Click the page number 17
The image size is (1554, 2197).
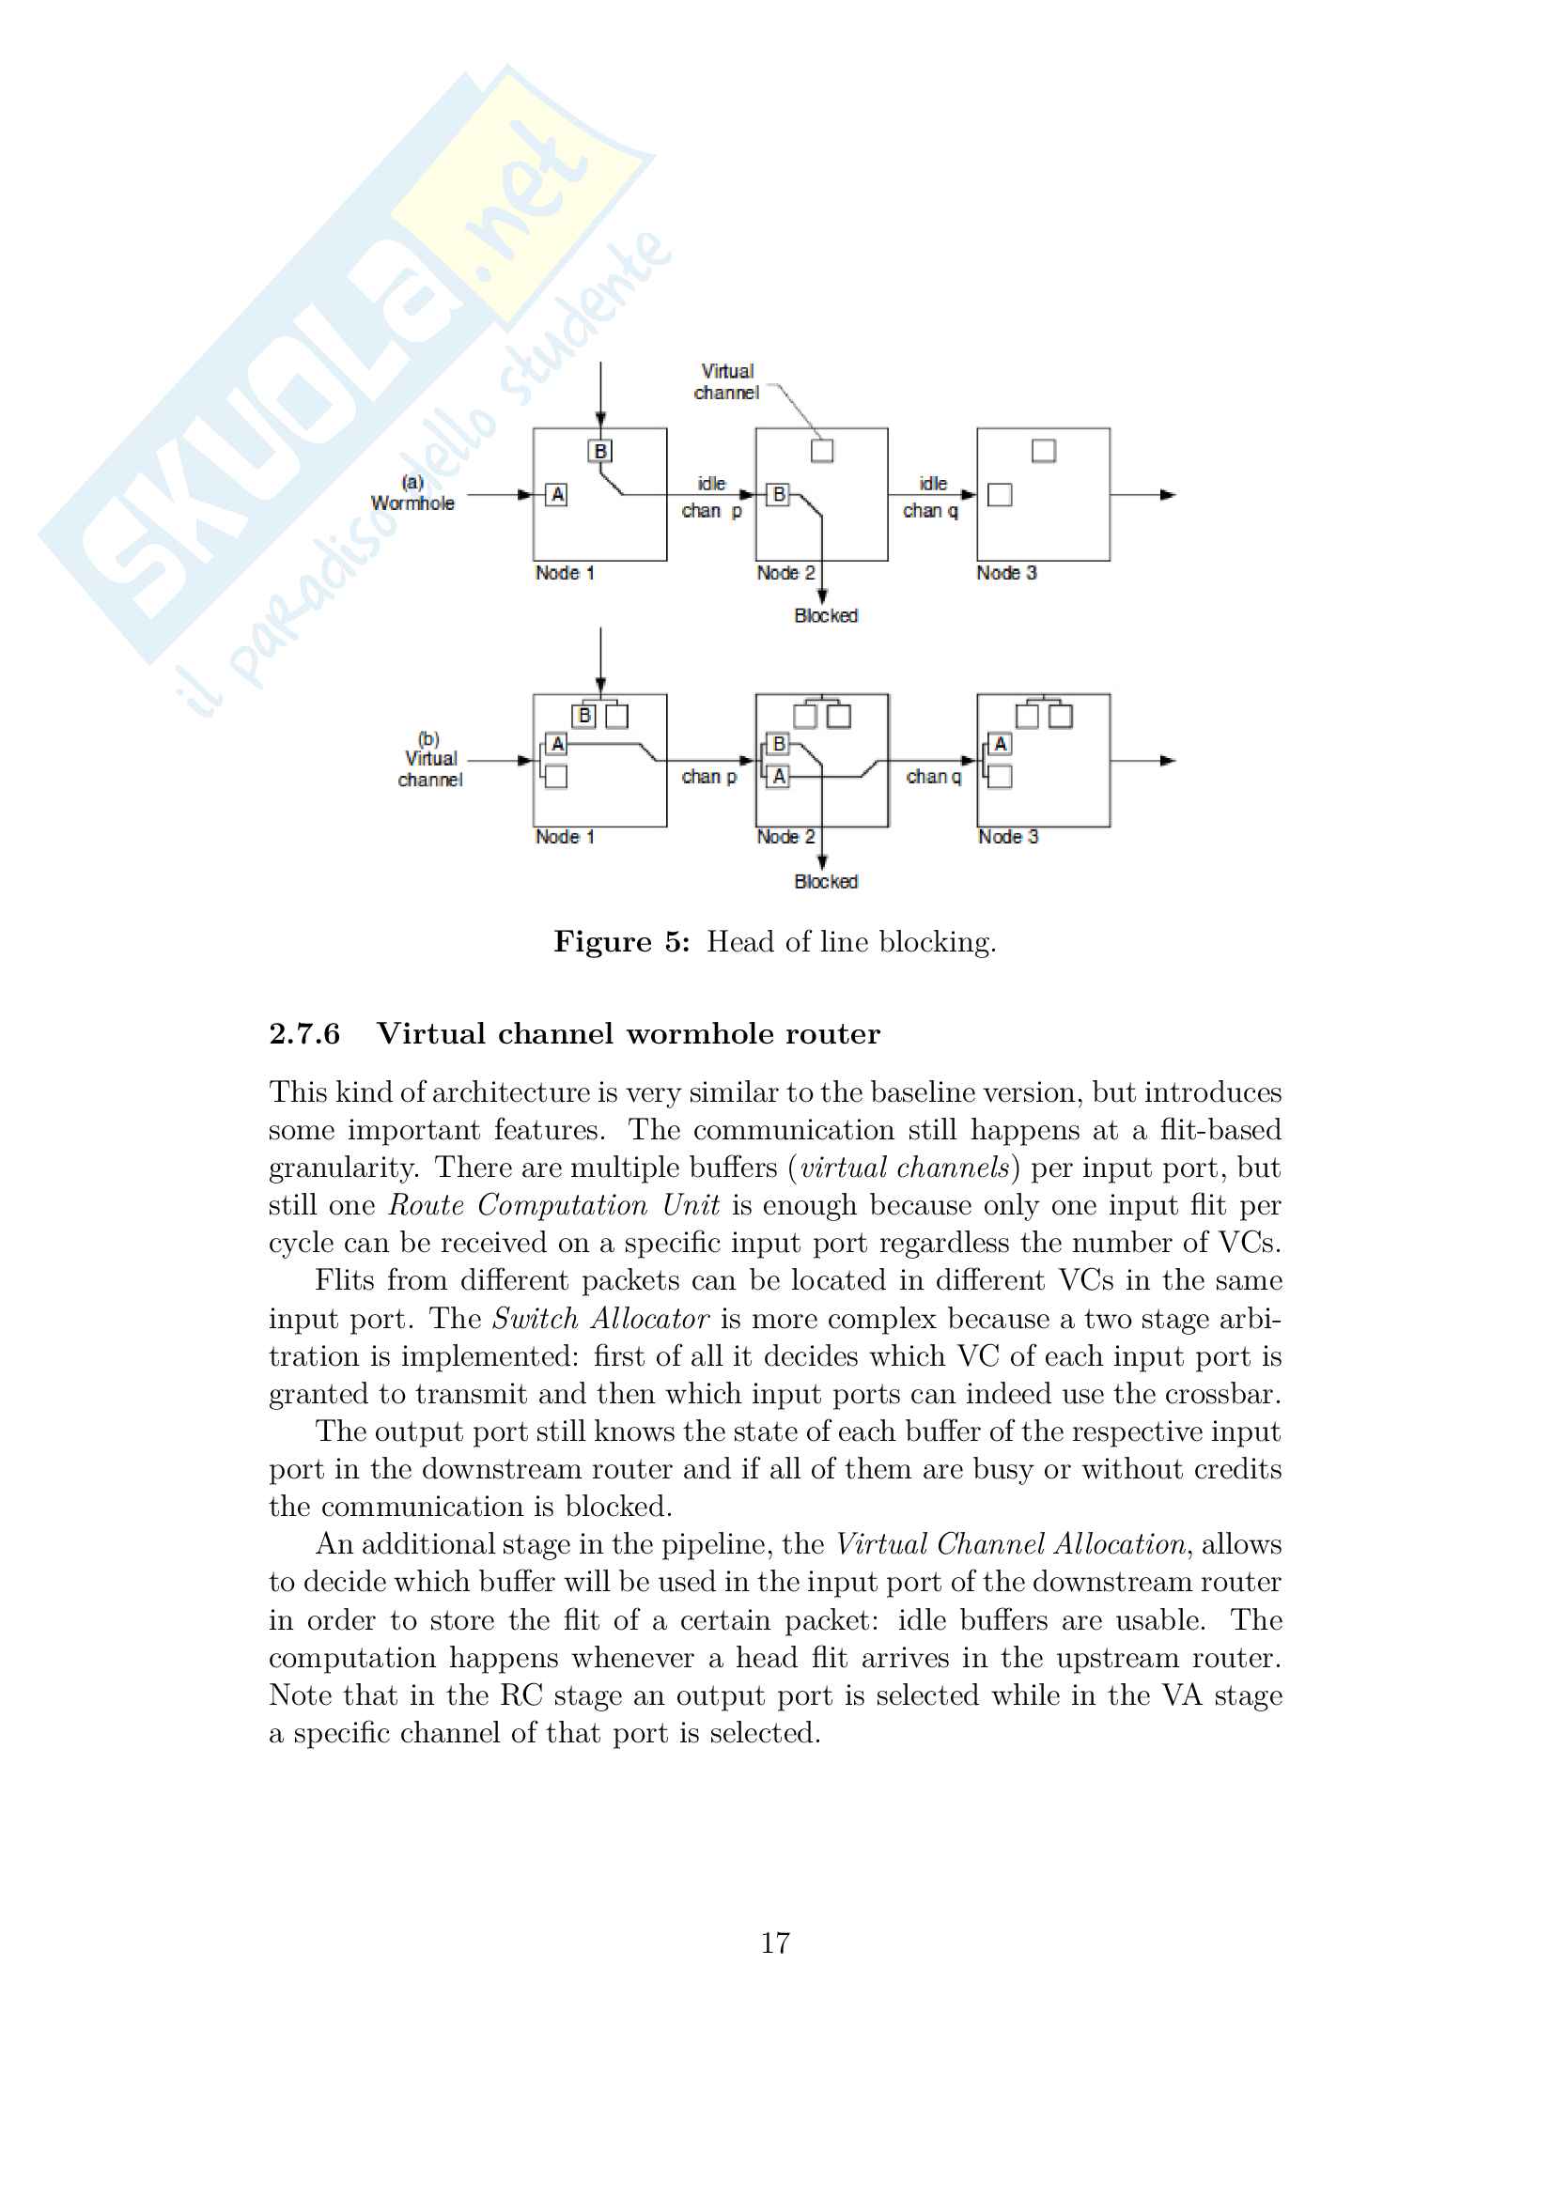pyautogui.click(x=775, y=1942)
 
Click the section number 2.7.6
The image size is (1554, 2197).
pyautogui.click(x=304, y=1033)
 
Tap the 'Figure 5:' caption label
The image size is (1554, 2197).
pyautogui.click(x=621, y=941)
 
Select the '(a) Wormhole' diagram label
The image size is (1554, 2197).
pyautogui.click(x=412, y=494)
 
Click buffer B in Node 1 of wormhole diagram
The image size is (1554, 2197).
pyautogui.click(x=600, y=451)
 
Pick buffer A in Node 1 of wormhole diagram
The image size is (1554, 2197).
pyautogui.click(x=557, y=495)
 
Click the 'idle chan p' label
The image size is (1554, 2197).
pyautogui.click(x=711, y=498)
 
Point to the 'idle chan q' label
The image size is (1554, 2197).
pyautogui.click(x=931, y=498)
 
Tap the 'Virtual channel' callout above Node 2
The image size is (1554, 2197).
pyautogui.click(x=727, y=381)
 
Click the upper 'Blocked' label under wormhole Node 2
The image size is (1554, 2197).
pyautogui.click(x=826, y=615)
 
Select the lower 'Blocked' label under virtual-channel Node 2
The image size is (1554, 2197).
pyautogui.click(x=826, y=881)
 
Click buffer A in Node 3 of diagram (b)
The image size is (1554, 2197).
pyautogui.click(x=1000, y=744)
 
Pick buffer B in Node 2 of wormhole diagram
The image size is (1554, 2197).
pyautogui.click(x=779, y=495)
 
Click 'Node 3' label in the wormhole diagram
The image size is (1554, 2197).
pyautogui.click(x=1006, y=573)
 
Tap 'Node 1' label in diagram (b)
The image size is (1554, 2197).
pyautogui.click(x=565, y=837)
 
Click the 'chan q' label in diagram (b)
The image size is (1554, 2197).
pyautogui.click(x=933, y=776)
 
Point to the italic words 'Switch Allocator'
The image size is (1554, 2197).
pyautogui.click(x=600, y=1319)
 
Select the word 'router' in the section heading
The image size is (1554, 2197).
pyautogui.click(x=832, y=1033)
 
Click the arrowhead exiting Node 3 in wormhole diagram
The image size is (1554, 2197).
pyautogui.click(x=1168, y=495)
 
